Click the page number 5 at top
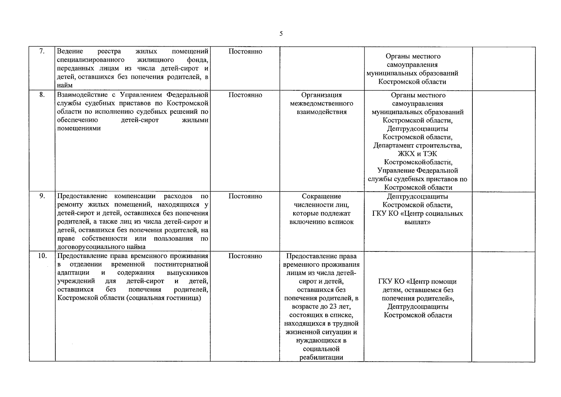[281, 33]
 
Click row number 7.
[42, 51]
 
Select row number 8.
[42, 95]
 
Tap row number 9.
[42, 196]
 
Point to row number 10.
[42, 256]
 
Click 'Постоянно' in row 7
[245, 51]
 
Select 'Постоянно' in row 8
[245, 95]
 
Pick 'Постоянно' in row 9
[245, 196]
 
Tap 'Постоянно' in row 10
[245, 256]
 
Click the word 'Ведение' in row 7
[70, 51]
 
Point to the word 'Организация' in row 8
[321, 95]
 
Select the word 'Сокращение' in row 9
[321, 196]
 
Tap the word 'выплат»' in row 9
[418, 222]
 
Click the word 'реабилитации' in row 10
[321, 357]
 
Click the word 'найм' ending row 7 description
[65, 85]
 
